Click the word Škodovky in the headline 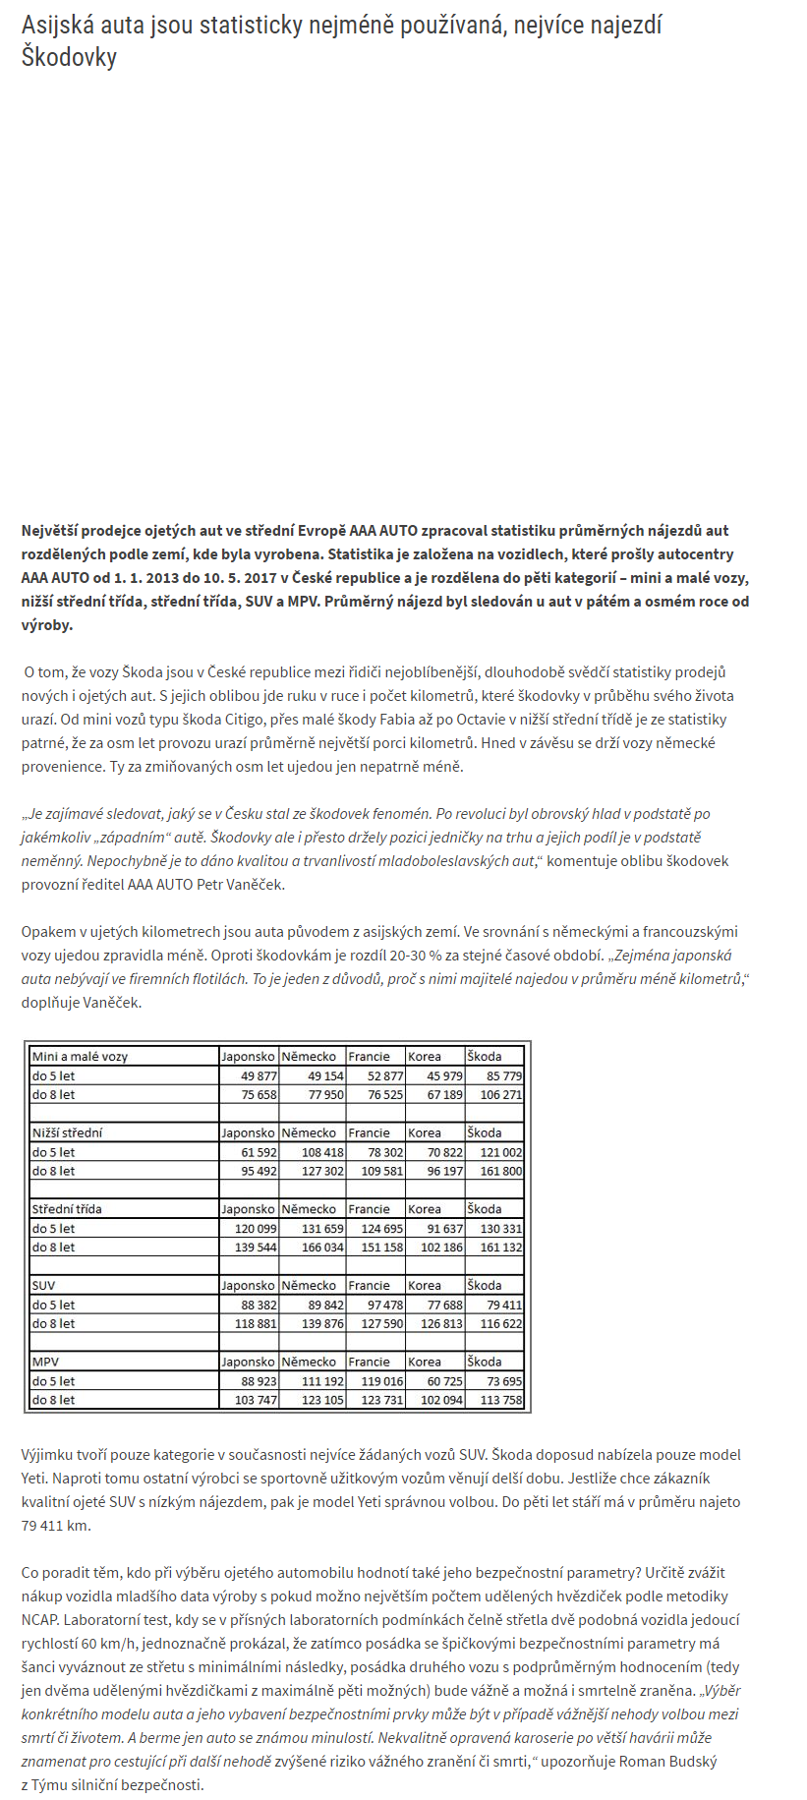pyautogui.click(x=69, y=57)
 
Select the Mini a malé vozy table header pyautogui.click(x=81, y=1057)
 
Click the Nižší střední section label pyautogui.click(x=67, y=1132)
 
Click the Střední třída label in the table pyautogui.click(x=67, y=1209)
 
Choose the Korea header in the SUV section pyautogui.click(x=425, y=1286)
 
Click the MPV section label pyautogui.click(x=44, y=1362)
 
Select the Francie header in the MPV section pyautogui.click(x=370, y=1362)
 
